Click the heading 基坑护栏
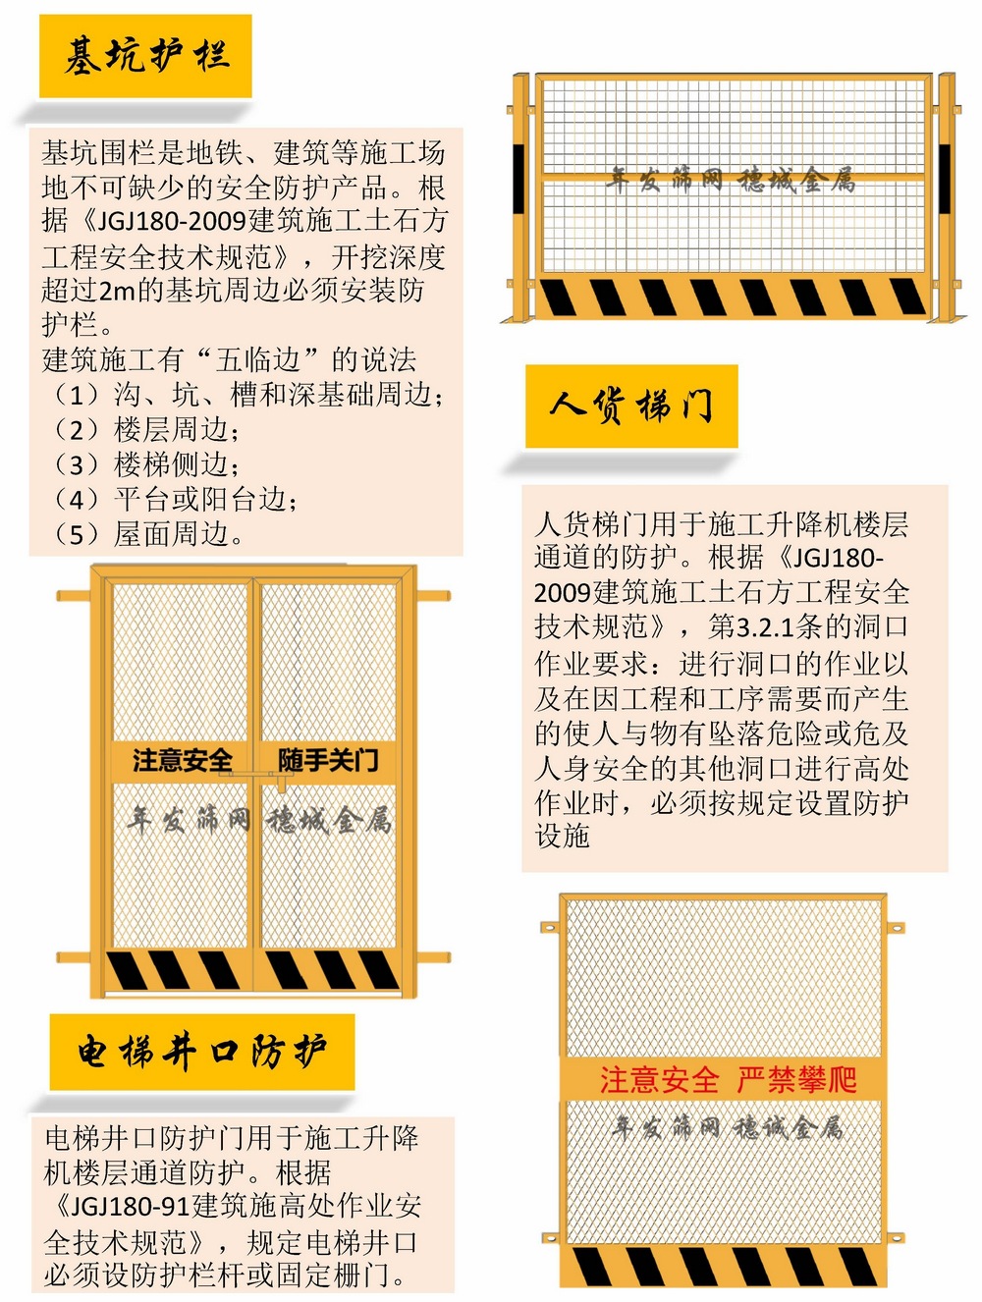(x=146, y=56)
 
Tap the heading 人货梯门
(x=630, y=406)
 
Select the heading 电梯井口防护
(x=202, y=1053)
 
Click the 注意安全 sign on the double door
(x=182, y=760)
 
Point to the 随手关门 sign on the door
(x=328, y=760)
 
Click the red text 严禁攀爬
(x=796, y=1080)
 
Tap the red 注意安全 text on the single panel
(x=659, y=1080)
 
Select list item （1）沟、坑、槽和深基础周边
(x=245, y=395)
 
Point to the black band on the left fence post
(x=518, y=178)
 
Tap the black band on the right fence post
(x=945, y=178)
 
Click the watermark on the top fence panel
(x=731, y=180)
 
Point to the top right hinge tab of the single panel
(x=895, y=927)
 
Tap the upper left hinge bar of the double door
(x=74, y=595)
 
